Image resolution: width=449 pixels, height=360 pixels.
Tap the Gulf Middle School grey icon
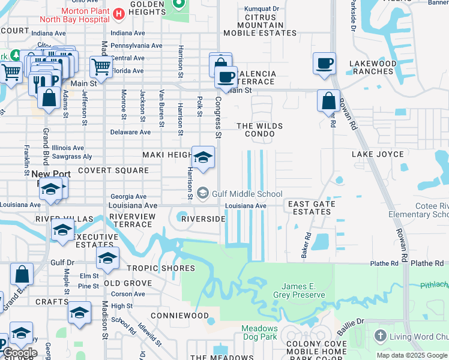click(x=203, y=193)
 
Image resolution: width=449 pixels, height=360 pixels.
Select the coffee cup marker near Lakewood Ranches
click(x=324, y=63)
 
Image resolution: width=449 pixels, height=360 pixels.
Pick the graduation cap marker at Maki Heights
click(x=203, y=158)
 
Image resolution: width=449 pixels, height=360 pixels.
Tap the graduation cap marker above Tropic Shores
click(x=107, y=259)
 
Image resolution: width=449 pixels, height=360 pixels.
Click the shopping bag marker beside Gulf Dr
click(x=22, y=274)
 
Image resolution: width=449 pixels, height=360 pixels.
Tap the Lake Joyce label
click(x=378, y=154)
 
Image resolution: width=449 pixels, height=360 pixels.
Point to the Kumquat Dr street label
click(x=262, y=9)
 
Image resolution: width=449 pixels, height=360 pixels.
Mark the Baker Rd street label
click(x=306, y=242)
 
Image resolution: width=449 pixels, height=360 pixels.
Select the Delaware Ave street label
click(x=130, y=132)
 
